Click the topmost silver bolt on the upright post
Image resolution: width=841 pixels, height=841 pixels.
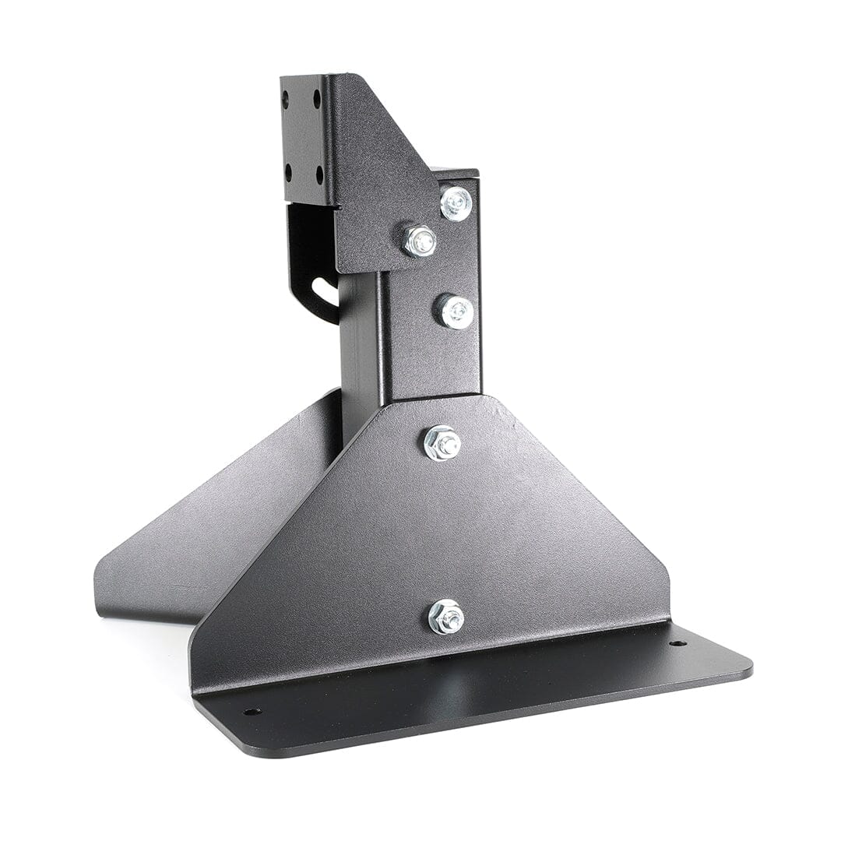pos(456,203)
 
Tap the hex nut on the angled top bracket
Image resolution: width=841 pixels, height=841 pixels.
pos(420,241)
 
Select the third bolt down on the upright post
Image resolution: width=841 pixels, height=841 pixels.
pos(455,311)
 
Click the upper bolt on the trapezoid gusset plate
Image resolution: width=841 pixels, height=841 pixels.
pos(442,443)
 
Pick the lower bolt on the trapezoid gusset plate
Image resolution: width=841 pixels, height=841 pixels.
pos(446,617)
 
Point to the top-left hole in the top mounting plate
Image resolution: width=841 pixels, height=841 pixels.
pos(286,99)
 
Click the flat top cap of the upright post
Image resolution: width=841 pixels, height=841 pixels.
pos(455,173)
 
